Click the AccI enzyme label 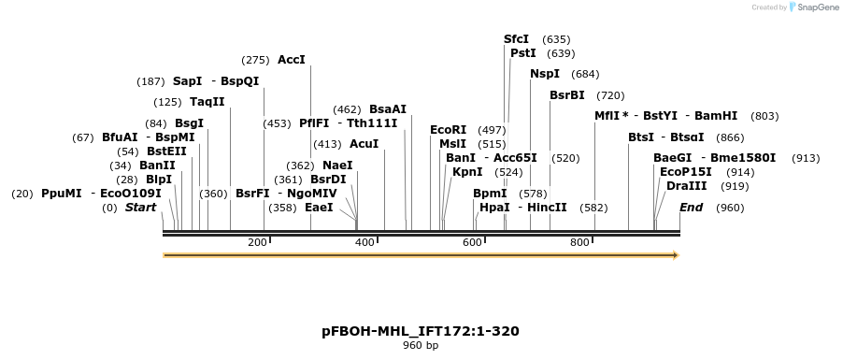292,60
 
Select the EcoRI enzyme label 448,130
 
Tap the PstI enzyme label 523,53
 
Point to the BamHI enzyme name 716,116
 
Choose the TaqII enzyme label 207,102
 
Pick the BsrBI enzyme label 567,95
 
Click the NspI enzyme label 545,74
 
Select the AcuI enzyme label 364,144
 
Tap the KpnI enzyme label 467,172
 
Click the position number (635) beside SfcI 556,39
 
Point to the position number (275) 255,60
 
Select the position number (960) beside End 730,208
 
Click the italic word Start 141,208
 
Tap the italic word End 691,208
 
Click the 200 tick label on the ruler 257,243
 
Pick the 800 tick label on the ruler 579,243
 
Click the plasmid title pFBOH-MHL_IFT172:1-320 421,331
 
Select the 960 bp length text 421,345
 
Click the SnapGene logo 813,7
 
